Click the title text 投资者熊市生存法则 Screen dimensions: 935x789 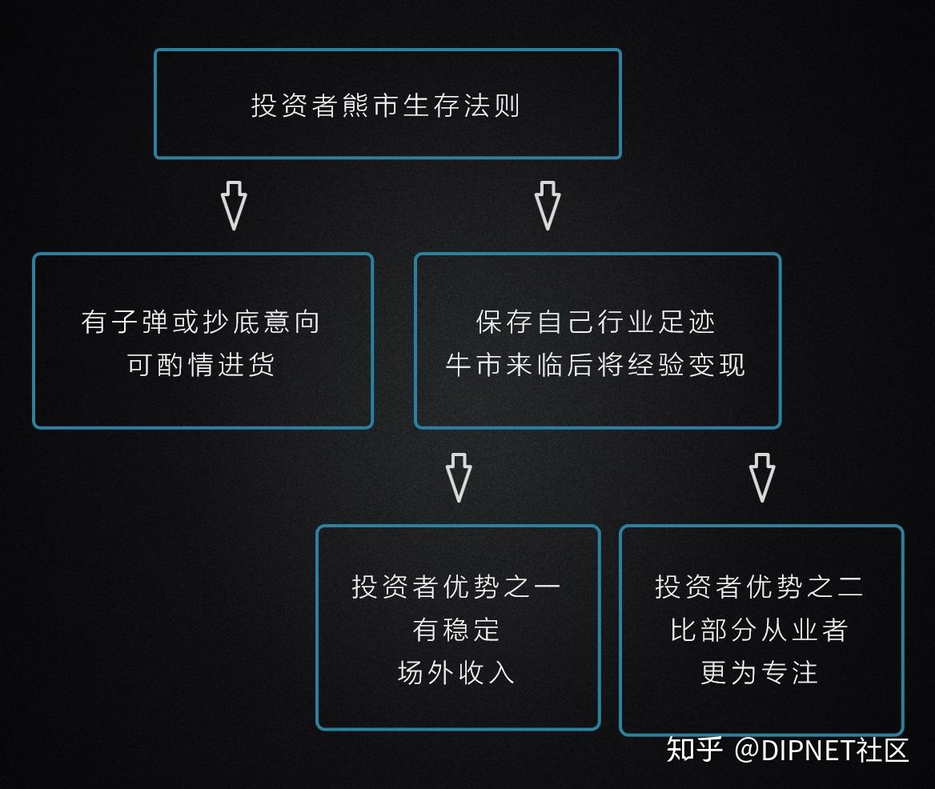[386, 106]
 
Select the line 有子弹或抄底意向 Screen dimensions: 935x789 [201, 322]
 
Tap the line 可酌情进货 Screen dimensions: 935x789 [201, 364]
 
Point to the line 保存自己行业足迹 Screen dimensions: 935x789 [596, 322]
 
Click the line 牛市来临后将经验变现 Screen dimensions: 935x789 [596, 364]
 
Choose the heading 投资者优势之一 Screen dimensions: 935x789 [456, 587]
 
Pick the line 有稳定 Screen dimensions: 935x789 [456, 629]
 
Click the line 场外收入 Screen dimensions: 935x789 [456, 671]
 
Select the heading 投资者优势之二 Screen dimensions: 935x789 [760, 587]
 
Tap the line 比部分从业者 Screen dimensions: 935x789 [760, 629]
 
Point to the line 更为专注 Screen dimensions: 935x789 [760, 671]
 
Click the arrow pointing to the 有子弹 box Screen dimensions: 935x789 [234, 205]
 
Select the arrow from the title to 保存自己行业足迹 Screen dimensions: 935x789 [548, 205]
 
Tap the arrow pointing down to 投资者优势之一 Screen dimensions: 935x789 [459, 477]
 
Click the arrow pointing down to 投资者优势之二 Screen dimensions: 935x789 [762, 477]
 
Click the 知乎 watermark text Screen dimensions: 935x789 [694, 750]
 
